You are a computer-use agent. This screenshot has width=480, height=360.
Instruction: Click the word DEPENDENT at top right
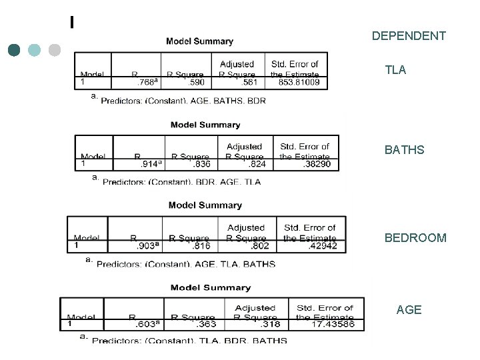point(409,35)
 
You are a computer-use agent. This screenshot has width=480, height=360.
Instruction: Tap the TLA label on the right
point(395,69)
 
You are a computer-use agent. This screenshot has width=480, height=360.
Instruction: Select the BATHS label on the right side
point(404,150)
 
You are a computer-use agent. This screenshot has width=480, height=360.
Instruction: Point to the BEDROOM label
point(415,237)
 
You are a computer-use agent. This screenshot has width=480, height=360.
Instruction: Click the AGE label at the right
point(409,309)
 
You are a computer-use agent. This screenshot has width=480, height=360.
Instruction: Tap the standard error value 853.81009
point(294,83)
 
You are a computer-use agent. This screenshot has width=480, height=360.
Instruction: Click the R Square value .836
point(203,164)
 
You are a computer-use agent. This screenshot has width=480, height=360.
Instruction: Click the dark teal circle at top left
point(15,49)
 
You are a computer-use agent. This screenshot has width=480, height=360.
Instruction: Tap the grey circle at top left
point(55,49)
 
